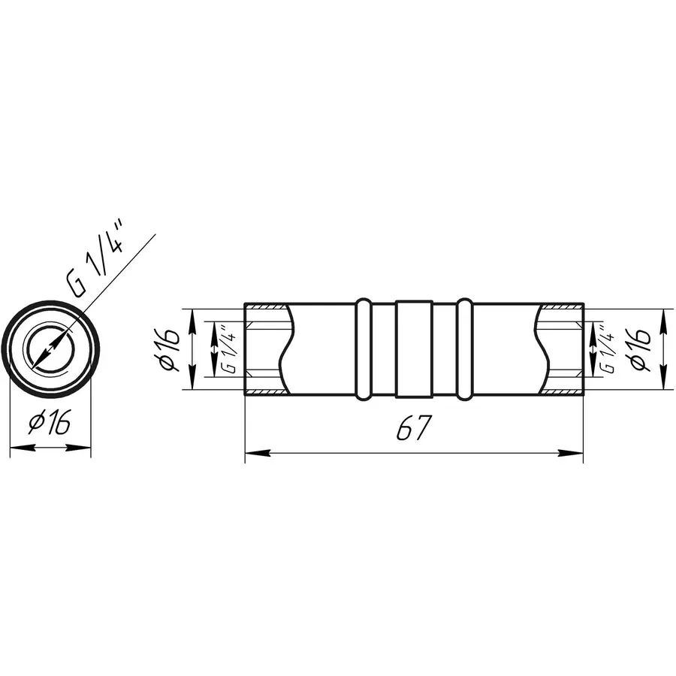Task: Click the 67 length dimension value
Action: click(414, 427)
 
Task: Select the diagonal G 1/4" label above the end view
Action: click(95, 259)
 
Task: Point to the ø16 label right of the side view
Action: click(639, 349)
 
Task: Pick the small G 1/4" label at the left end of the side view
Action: click(230, 349)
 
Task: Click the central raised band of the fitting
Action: click(414, 349)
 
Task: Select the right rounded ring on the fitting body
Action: click(464, 349)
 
